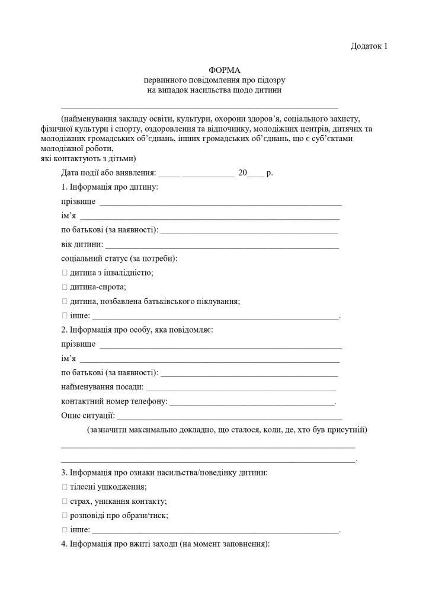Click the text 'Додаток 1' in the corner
(369, 46)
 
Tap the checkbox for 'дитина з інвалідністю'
(64, 273)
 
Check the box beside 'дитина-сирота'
(64, 287)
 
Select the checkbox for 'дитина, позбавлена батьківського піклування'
(64, 301)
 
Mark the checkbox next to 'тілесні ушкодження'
(64, 487)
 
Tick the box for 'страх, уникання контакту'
(64, 501)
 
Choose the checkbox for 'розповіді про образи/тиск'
(64, 515)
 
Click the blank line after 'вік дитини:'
(222, 245)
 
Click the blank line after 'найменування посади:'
(241, 388)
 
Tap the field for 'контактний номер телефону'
(252, 402)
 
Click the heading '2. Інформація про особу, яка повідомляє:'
(137, 330)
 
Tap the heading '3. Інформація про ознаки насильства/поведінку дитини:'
(164, 472)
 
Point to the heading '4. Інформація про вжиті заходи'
(165, 544)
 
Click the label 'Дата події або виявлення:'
(108, 173)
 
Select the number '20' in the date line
(242, 173)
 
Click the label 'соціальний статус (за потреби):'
(120, 258)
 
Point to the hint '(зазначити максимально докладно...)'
(227, 429)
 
